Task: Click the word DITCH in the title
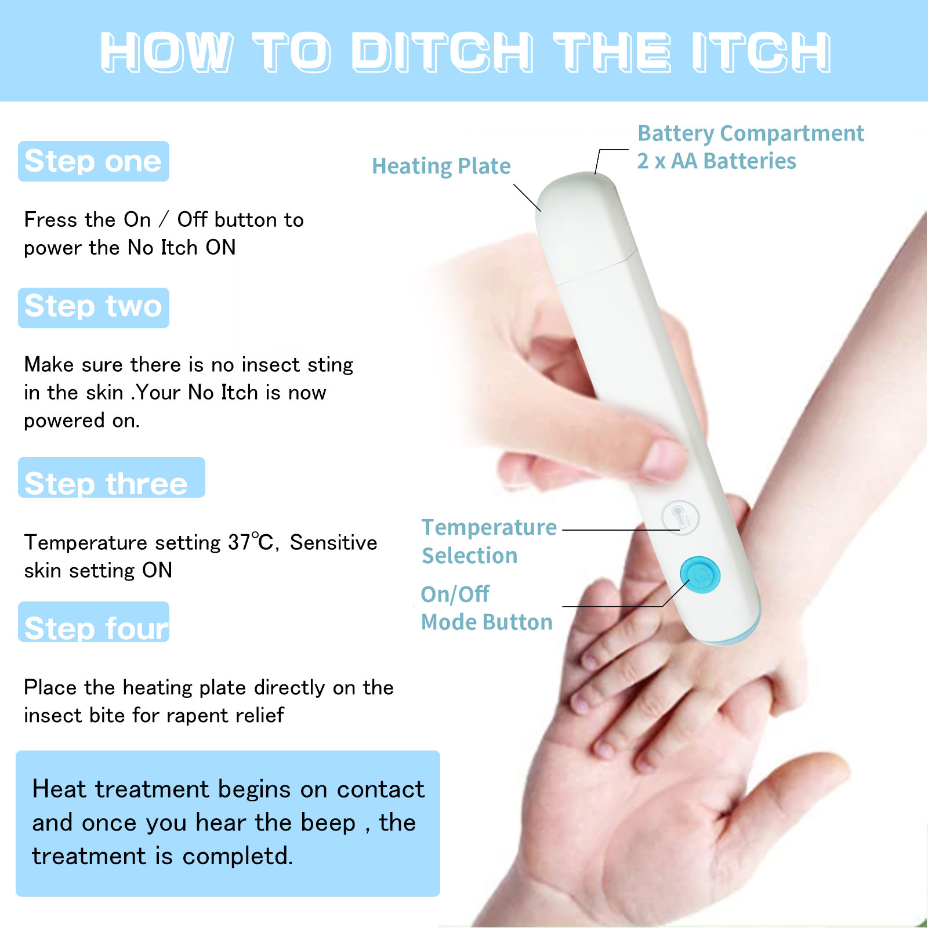(x=442, y=52)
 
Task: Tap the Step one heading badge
(x=93, y=161)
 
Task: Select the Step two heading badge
(x=93, y=308)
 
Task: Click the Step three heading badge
(x=111, y=477)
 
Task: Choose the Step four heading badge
(x=93, y=622)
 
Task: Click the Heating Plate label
(x=441, y=166)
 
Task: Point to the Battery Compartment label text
(x=751, y=134)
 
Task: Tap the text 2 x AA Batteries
(x=717, y=161)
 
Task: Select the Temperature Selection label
(x=489, y=541)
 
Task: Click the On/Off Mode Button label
(x=487, y=608)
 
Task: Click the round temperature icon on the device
(x=680, y=517)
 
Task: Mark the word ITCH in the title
(x=762, y=52)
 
